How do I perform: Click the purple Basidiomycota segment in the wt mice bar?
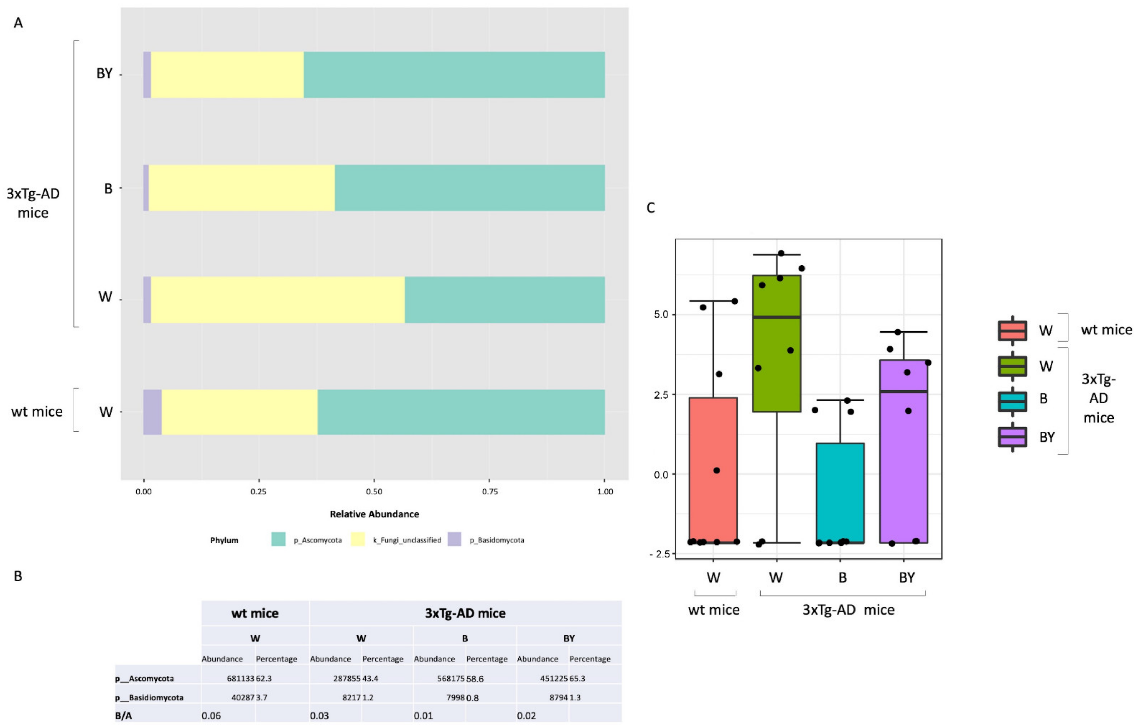point(152,412)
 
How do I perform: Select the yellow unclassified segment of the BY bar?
point(227,75)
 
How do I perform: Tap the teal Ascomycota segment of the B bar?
point(470,188)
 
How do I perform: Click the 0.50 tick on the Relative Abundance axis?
point(374,492)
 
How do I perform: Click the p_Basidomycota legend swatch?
point(454,539)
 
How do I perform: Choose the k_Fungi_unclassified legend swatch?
point(358,539)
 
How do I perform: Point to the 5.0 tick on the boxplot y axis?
point(661,314)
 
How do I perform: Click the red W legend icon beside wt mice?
point(1012,330)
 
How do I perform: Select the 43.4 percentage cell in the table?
point(370,678)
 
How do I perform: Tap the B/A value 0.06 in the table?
point(211,716)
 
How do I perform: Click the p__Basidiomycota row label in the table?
point(149,697)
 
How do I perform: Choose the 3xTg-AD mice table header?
point(465,613)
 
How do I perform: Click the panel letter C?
point(651,208)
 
